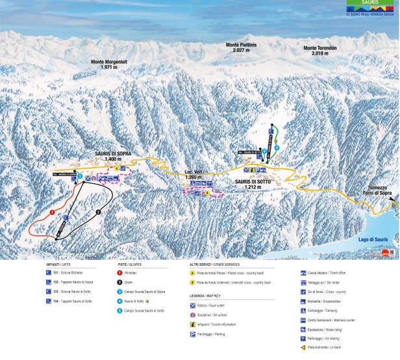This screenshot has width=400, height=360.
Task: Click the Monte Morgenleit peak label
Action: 108,64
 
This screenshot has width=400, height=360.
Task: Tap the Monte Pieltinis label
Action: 242,47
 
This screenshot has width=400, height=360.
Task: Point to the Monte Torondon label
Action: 319,50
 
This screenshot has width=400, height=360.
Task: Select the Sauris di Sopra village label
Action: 112,156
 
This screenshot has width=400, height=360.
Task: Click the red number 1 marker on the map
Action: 51,212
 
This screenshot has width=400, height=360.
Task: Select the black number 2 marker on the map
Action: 98,212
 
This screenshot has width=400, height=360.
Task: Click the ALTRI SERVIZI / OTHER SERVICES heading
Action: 214,264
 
